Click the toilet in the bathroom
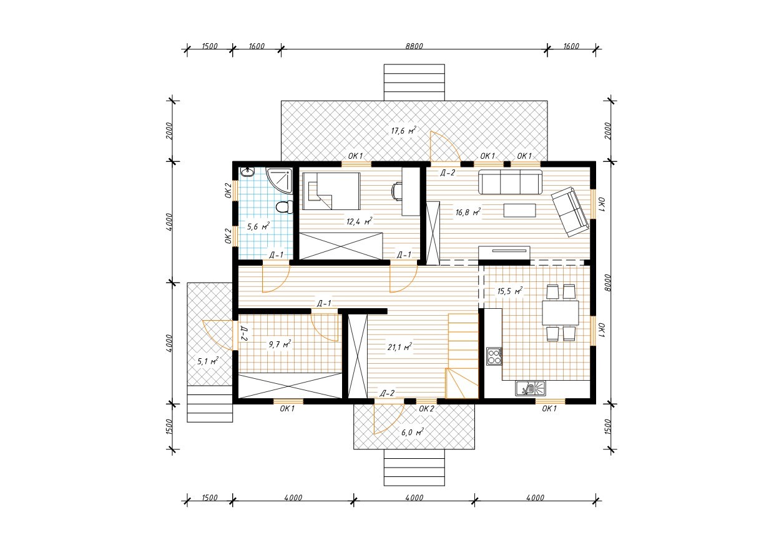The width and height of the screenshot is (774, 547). pyautogui.click(x=283, y=207)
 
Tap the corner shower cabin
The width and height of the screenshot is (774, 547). pyautogui.click(x=279, y=179)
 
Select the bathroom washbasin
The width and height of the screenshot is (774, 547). pyautogui.click(x=247, y=172)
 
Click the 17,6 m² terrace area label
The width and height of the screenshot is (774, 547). pyautogui.click(x=403, y=131)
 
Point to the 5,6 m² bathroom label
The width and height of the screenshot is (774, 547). pyautogui.click(x=258, y=227)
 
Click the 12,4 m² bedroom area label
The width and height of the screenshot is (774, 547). pyautogui.click(x=359, y=221)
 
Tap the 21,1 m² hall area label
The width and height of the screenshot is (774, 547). pyautogui.click(x=399, y=347)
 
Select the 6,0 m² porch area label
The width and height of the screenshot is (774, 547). pyautogui.click(x=412, y=433)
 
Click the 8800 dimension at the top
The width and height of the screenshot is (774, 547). pyautogui.click(x=414, y=46)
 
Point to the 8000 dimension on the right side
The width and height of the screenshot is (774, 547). pyautogui.click(x=608, y=283)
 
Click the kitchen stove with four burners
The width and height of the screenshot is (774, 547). pyautogui.click(x=494, y=356)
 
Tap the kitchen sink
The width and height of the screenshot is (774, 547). pyautogui.click(x=531, y=388)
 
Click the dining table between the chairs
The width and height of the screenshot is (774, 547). pyautogui.click(x=561, y=313)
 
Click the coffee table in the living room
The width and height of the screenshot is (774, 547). pyautogui.click(x=520, y=210)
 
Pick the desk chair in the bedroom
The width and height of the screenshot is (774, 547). pyautogui.click(x=396, y=192)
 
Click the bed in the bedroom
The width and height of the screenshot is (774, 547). pyautogui.click(x=331, y=191)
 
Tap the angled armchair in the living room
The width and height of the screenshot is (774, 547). pyautogui.click(x=570, y=212)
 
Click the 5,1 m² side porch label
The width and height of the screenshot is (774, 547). pyautogui.click(x=208, y=361)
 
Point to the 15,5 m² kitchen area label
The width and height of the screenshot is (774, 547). pyautogui.click(x=510, y=291)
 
